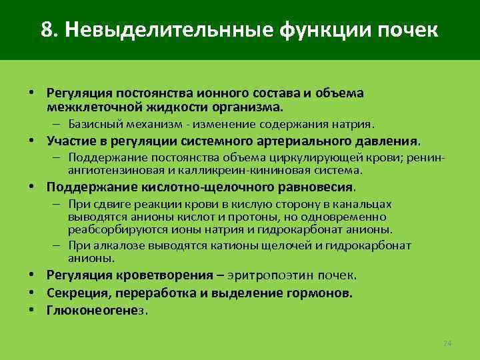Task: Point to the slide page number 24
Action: pyautogui.click(x=447, y=343)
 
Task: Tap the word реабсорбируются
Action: pyautogui.click(x=109, y=229)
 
